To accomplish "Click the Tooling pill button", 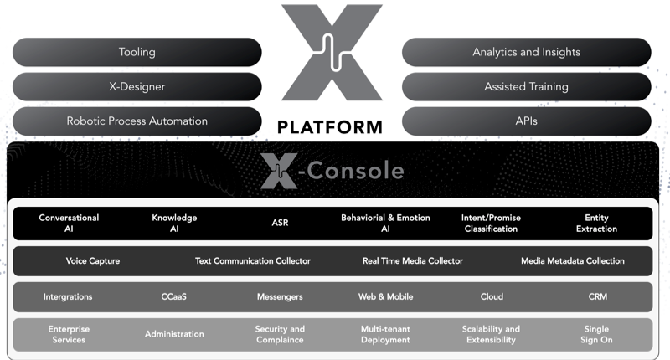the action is coord(137,52).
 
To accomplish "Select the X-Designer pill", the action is coord(137,87).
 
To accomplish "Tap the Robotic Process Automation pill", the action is coord(137,121).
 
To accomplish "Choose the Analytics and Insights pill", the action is coord(527,52).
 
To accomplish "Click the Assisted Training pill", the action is coord(527,87).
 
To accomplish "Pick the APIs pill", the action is coord(527,121).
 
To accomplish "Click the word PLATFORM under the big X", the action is coord(330,127).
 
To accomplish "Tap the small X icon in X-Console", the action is coord(279,172).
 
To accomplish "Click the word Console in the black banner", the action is coord(355,171).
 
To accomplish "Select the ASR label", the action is coord(280,223).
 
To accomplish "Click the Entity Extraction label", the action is coord(596,224).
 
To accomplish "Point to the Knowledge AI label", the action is coord(174,224).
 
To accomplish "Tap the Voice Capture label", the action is coord(93,261).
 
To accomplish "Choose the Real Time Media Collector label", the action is coord(413,261).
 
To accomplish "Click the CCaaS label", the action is coord(174,297).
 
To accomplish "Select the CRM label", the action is coord(597,297).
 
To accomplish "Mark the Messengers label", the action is coord(280,297).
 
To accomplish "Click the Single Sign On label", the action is coord(596,334).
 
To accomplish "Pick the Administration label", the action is coord(174,334).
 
